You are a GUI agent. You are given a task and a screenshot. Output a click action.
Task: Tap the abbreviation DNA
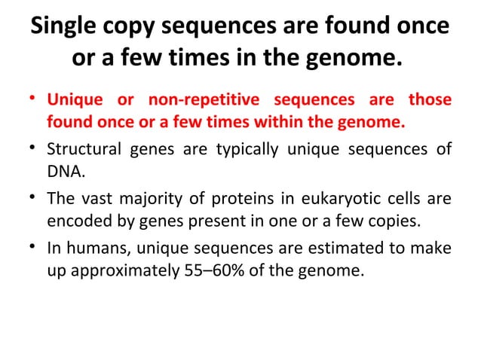coord(64,170)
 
